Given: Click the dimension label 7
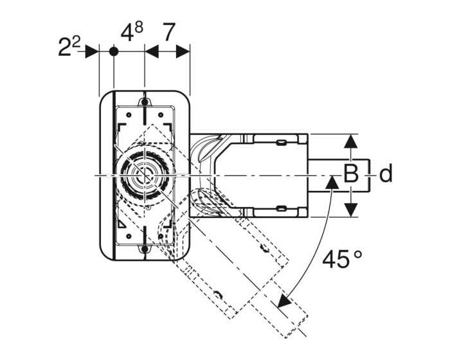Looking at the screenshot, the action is pyautogui.click(x=168, y=32).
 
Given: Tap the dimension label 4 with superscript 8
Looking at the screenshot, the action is pyautogui.click(x=132, y=32).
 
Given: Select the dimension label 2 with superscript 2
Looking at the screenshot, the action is pyautogui.click(x=69, y=46).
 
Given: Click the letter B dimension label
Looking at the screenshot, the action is pyautogui.click(x=351, y=174).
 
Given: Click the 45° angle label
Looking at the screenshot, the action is pyautogui.click(x=342, y=258).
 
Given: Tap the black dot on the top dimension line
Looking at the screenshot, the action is pyautogui.click(x=114, y=51).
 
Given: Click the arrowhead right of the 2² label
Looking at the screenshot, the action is pyautogui.click(x=92, y=51).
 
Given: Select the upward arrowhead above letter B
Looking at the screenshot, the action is pyautogui.click(x=351, y=141).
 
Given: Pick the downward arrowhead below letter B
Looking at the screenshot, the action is pyautogui.click(x=351, y=210).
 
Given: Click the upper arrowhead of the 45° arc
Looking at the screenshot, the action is pyautogui.click(x=332, y=183).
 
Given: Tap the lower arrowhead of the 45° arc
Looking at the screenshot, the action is pyautogui.click(x=283, y=301).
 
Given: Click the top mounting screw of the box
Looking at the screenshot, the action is pyautogui.click(x=145, y=102).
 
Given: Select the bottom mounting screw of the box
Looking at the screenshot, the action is pyautogui.click(x=145, y=249).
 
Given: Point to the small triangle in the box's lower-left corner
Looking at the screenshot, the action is pyautogui.click(x=121, y=224).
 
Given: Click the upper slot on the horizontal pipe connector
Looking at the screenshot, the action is pyautogui.click(x=281, y=142).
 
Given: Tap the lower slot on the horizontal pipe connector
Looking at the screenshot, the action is pyautogui.click(x=281, y=209).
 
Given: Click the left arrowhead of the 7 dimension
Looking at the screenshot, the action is pyautogui.click(x=152, y=51).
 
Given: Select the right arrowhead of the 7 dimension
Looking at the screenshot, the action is pyautogui.click(x=183, y=51).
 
